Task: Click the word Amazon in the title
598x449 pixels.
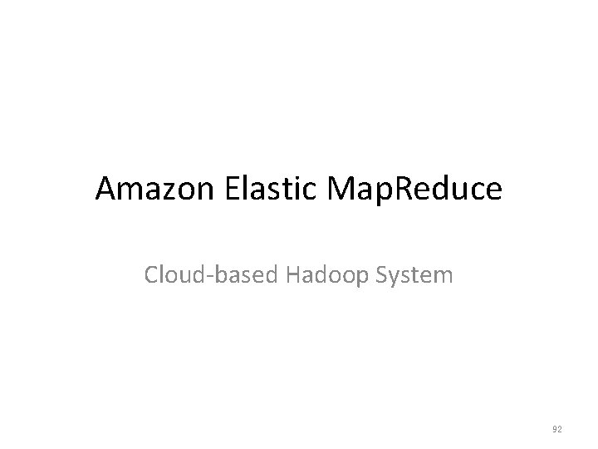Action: coord(155,190)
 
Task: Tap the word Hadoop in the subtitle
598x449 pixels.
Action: coord(318,275)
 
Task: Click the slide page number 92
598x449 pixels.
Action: coord(556,429)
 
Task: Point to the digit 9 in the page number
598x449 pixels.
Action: coord(554,429)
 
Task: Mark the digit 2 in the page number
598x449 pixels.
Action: coord(559,429)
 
